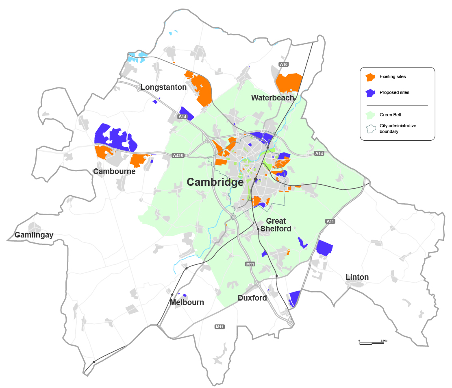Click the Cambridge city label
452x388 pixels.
click(215, 182)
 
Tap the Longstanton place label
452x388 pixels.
click(163, 87)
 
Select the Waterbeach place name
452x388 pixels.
click(272, 98)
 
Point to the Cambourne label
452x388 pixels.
click(114, 172)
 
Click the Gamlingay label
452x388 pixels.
click(34, 235)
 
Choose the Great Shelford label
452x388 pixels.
click(276, 225)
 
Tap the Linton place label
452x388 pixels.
click(357, 277)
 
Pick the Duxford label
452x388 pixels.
click(252, 298)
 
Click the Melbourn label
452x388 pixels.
click(187, 303)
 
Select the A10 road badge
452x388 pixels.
click(284, 64)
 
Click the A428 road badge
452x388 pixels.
click(178, 155)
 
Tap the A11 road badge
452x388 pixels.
click(330, 221)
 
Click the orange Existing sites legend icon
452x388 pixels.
click(370, 77)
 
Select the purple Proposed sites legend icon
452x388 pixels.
click(370, 93)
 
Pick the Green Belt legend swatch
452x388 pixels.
click(370, 115)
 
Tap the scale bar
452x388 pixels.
click(372, 344)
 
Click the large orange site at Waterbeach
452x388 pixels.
click(288, 83)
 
